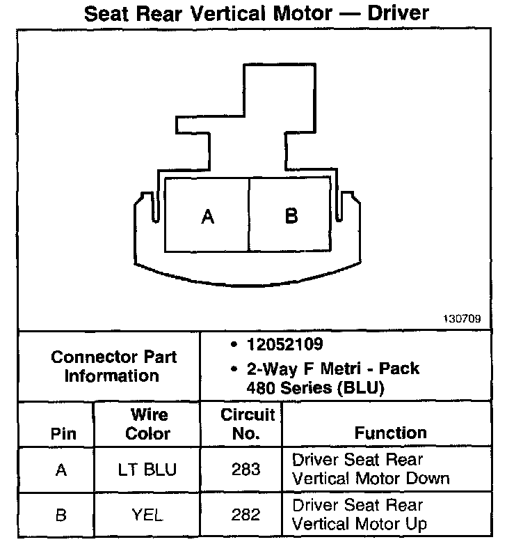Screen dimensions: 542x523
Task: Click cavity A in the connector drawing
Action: tap(207, 217)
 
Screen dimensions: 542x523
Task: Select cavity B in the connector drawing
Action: tap(291, 216)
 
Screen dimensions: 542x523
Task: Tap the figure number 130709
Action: tap(462, 320)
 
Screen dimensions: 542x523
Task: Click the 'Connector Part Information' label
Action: tap(113, 366)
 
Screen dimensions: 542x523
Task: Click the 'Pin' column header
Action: tap(63, 433)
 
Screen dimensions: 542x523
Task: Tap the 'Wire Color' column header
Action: tap(148, 424)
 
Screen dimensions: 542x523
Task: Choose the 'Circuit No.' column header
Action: tap(248, 424)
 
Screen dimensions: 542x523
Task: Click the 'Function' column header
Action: tap(390, 433)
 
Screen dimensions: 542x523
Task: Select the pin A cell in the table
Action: tap(62, 470)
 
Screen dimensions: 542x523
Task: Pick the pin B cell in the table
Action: tap(62, 515)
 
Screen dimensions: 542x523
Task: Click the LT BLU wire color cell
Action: tap(148, 470)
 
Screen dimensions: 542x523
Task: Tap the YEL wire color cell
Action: tap(148, 515)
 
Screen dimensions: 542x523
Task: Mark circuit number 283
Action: tap(247, 470)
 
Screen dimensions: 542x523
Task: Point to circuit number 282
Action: tap(247, 515)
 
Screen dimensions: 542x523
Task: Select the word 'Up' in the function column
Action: tap(417, 524)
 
